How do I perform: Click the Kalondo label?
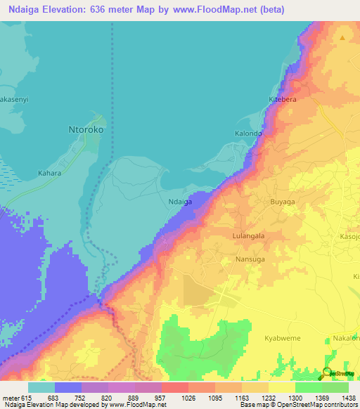(248, 134)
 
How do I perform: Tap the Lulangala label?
(248, 236)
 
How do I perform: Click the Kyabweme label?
(283, 338)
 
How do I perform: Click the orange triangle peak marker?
(342, 38)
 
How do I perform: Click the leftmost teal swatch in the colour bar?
(41, 387)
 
